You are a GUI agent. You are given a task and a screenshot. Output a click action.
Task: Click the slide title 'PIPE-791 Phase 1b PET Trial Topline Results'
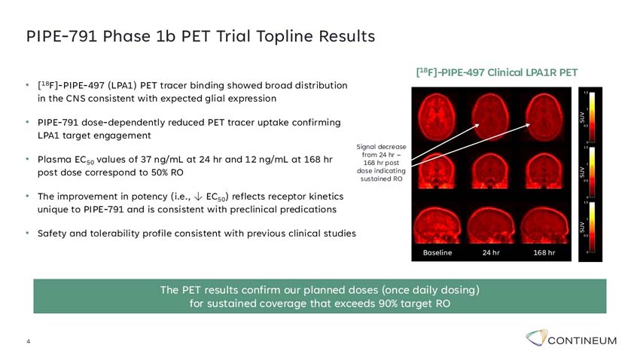tap(200, 36)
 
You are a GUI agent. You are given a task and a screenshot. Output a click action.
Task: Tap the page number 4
tap(29, 342)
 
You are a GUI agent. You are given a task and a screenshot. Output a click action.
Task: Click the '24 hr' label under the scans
tap(491, 253)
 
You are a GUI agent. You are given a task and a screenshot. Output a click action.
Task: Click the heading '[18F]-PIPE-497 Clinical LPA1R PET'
tap(496, 73)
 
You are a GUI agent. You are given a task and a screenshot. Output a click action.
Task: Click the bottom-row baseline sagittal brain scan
tap(437, 224)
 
